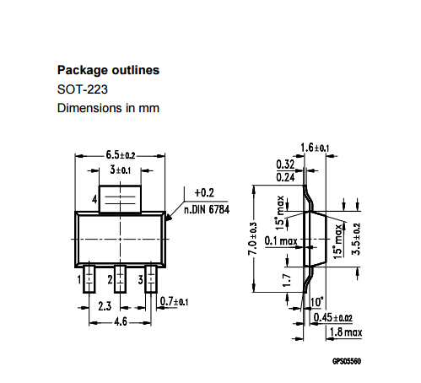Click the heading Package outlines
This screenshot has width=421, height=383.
[108, 70]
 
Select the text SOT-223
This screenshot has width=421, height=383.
[82, 89]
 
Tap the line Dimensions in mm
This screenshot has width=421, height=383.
[107, 108]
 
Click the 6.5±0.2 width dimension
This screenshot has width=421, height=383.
[121, 155]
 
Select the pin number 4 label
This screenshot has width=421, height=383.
[95, 200]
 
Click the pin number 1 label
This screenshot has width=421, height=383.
[78, 278]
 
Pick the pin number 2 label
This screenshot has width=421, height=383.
[111, 278]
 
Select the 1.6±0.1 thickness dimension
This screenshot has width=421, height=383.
[317, 148]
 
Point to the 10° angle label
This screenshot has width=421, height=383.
[316, 301]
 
